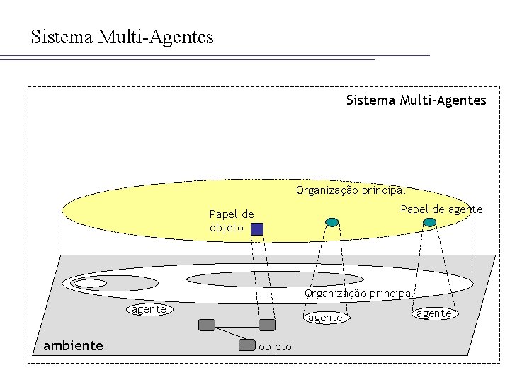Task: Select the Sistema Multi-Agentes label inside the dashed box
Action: (416, 100)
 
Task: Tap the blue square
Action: (257, 228)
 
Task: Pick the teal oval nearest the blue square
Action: (331, 222)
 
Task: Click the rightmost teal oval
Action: (429, 222)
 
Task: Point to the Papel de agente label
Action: (441, 209)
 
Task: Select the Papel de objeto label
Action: (231, 221)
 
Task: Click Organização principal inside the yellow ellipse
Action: (351, 190)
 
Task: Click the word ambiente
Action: (73, 345)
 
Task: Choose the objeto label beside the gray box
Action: (275, 346)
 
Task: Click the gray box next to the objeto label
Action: (246, 345)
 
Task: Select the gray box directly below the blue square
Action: (266, 325)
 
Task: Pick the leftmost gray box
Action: (206, 325)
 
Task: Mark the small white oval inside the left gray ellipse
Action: (88, 284)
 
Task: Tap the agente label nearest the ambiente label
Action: (149, 309)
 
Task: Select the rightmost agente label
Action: (433, 313)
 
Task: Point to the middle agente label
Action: (325, 318)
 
